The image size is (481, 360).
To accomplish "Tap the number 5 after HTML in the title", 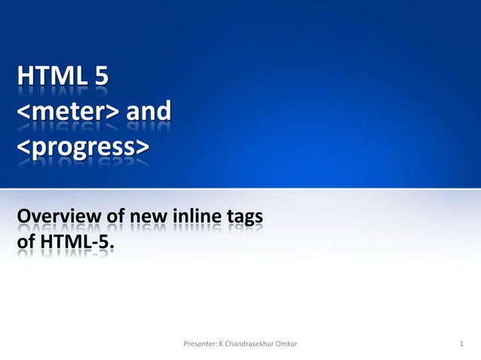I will (x=100, y=78).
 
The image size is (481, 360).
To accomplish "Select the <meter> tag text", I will (x=67, y=112).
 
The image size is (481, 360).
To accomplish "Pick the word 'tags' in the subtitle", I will (x=247, y=218).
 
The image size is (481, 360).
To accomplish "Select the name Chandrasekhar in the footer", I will (x=250, y=344).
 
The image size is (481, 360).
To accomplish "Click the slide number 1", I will (x=461, y=344).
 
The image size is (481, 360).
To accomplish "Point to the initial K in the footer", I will (x=220, y=344).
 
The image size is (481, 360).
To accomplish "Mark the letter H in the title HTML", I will (x=25, y=78).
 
